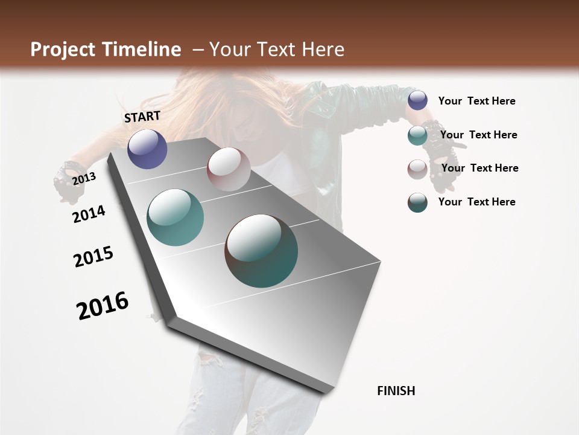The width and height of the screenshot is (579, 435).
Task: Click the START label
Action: pos(142,117)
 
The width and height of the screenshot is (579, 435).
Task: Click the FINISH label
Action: pos(396,391)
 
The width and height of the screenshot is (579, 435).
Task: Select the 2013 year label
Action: pos(84,178)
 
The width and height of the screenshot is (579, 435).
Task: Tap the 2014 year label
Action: pos(89,214)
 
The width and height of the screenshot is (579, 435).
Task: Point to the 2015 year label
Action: pos(93,257)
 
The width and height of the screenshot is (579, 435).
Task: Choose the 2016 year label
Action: pos(103,306)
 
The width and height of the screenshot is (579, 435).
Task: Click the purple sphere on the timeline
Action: pos(147,149)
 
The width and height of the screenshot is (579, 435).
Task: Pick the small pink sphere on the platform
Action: pos(229,169)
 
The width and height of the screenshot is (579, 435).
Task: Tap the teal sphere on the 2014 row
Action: pos(176,217)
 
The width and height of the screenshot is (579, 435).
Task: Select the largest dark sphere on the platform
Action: pos(261,251)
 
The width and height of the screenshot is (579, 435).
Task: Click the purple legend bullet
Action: pos(417,100)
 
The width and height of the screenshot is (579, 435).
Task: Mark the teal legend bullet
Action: pos(417,135)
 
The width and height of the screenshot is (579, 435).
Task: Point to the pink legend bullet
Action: pos(417,169)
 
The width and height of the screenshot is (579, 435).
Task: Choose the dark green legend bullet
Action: pos(417,202)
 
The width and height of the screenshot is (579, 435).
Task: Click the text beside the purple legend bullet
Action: pos(476,101)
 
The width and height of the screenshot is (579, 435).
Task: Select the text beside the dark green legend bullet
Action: pos(476,202)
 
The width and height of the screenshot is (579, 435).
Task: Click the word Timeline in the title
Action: pos(144,50)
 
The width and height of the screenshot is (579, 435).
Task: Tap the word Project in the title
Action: pos(63,50)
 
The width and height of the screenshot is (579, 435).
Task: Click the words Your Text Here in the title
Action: pos(277,50)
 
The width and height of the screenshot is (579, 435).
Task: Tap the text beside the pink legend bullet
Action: pos(479,168)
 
